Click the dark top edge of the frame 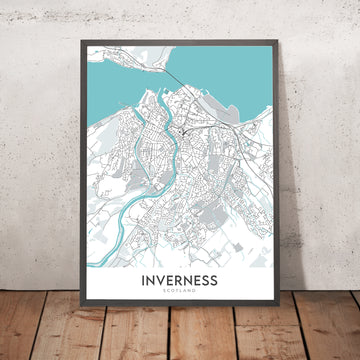(x=181, y=41)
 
